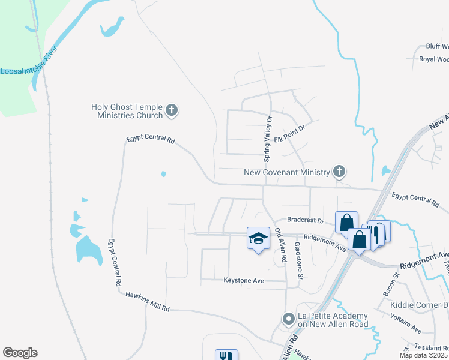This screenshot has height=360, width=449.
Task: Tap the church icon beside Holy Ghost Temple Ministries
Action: (x=172, y=110)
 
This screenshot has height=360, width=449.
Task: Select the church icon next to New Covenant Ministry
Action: (x=339, y=172)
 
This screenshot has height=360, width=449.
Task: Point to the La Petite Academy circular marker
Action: (x=289, y=319)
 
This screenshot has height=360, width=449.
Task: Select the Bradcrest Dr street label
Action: (x=305, y=220)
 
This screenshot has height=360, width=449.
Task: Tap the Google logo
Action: (x=20, y=353)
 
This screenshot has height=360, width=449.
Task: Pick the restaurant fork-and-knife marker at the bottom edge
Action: (x=226, y=355)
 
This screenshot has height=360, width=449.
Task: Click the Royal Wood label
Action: (x=433, y=59)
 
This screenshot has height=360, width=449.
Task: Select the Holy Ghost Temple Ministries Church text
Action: (x=127, y=111)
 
